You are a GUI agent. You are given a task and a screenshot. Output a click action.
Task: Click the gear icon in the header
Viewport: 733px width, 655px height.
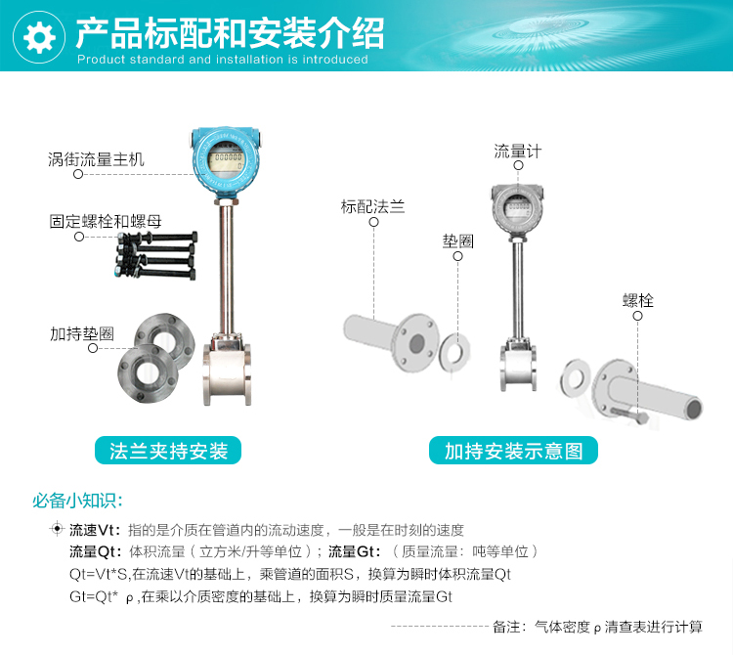coord(38,37)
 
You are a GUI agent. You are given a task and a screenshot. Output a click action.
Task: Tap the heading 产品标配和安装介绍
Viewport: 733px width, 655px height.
coord(230,33)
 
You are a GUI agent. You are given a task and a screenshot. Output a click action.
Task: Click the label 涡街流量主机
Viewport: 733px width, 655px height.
coord(96,159)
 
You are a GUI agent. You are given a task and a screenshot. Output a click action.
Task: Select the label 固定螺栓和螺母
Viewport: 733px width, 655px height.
coord(106,221)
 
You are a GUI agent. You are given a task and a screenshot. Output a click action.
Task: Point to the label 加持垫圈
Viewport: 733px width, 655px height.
coord(82,333)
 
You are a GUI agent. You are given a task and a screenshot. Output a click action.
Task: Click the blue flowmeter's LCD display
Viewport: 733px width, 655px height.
coord(227,161)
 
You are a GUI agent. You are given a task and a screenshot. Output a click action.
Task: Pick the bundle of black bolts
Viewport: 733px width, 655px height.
coord(156,255)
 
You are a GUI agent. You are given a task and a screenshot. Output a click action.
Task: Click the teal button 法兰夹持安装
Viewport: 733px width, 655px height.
coord(168,451)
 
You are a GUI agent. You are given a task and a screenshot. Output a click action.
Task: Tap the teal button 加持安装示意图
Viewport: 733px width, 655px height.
coord(513,451)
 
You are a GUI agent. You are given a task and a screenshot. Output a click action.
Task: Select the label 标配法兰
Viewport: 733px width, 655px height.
coord(372,206)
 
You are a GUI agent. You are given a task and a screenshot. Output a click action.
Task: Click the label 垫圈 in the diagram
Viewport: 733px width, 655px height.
coord(458,241)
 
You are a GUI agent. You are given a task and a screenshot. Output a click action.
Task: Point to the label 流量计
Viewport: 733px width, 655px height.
coord(518,152)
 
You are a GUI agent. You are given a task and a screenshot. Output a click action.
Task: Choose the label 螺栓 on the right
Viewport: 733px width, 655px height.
coord(638,301)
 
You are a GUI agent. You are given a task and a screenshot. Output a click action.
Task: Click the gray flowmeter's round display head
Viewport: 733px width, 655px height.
coord(517,207)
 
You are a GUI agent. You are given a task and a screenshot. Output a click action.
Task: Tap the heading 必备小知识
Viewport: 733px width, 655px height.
coord(77,501)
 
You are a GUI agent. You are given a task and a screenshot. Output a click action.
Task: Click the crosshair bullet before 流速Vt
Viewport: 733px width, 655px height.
coord(57,528)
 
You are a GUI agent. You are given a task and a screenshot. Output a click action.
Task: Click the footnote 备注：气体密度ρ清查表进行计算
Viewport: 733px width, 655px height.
coord(597,627)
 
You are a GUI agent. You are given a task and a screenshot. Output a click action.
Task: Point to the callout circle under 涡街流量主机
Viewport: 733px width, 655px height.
coord(78,174)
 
